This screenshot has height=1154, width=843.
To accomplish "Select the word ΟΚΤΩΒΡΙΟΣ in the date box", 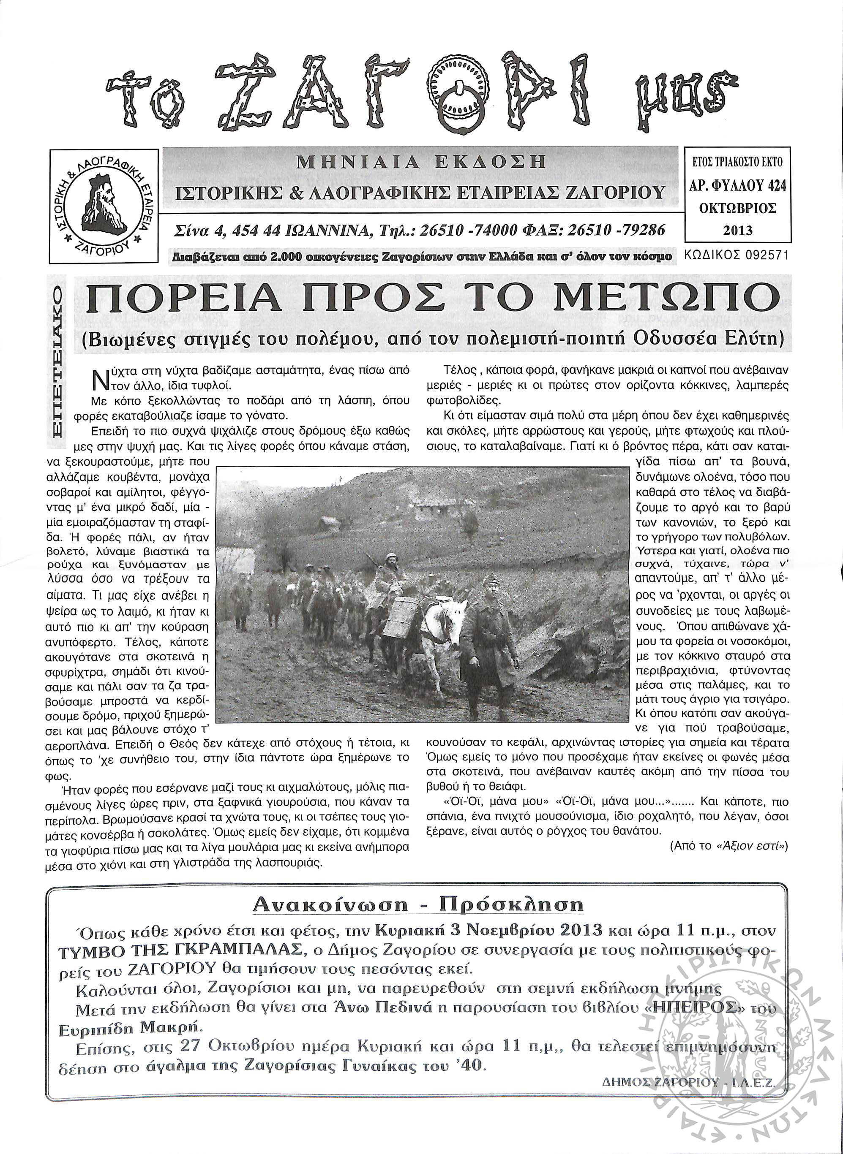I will point(738,209).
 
